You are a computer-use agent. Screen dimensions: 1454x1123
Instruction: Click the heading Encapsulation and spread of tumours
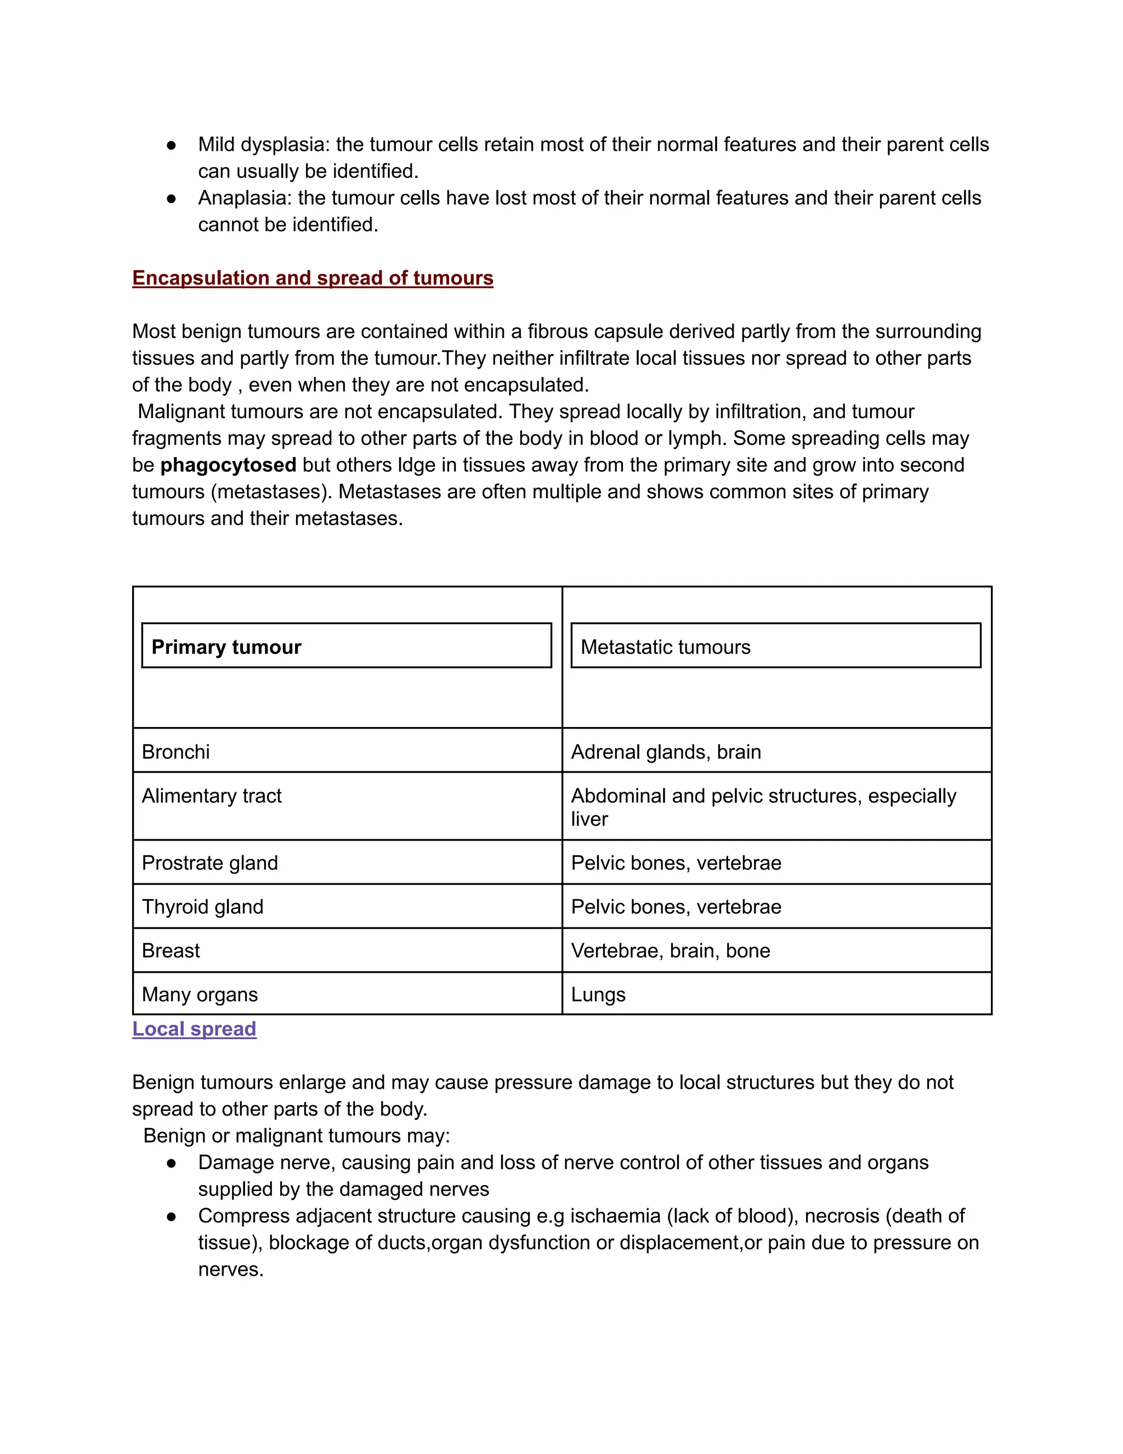tap(313, 278)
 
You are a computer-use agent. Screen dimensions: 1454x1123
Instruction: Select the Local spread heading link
tap(194, 1029)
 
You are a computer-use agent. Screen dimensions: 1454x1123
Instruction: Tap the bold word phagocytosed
tap(228, 465)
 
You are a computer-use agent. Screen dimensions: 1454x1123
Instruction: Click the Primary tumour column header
tap(226, 646)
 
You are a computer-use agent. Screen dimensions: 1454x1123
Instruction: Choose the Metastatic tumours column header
tap(665, 646)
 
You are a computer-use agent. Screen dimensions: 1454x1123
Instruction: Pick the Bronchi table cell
tap(175, 752)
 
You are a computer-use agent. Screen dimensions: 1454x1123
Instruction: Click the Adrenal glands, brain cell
tap(666, 752)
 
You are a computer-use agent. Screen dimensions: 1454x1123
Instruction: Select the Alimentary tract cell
tap(212, 796)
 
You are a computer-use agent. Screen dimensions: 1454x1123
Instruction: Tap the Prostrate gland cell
tap(209, 863)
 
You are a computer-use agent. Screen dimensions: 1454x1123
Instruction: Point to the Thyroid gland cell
tap(202, 907)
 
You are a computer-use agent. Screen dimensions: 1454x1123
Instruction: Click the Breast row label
tap(171, 951)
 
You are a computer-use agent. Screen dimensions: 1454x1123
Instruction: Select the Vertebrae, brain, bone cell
tap(671, 951)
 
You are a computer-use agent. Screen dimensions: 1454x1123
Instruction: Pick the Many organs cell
tap(200, 995)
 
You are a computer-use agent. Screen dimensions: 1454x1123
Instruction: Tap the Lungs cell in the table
tap(598, 995)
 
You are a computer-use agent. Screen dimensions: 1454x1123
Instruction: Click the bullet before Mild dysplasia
tap(172, 145)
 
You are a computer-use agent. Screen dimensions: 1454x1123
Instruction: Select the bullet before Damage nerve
tap(172, 1163)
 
